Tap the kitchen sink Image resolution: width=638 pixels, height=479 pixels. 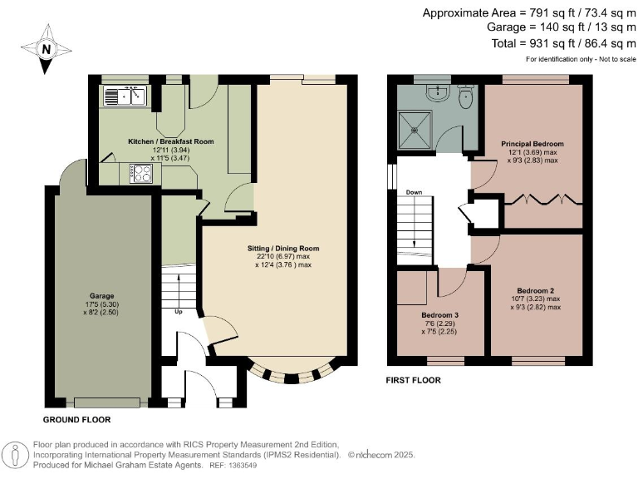click(125, 96)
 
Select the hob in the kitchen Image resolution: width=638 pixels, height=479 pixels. click(140, 174)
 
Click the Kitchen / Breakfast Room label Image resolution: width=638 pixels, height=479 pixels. click(170, 141)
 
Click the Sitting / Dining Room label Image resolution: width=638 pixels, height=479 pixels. click(282, 249)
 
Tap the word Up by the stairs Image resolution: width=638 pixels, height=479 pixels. click(178, 313)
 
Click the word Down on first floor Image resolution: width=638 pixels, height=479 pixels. click(415, 192)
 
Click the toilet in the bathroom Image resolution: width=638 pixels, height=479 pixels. click(466, 98)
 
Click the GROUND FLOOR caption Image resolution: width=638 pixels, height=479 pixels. click(76, 419)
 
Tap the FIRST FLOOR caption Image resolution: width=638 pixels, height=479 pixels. click(414, 380)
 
